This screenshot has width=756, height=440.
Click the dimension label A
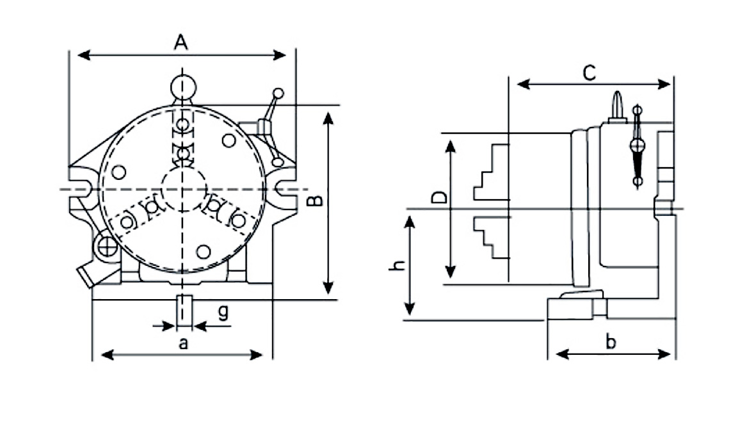click(x=181, y=42)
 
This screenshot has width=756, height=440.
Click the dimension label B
click(x=314, y=202)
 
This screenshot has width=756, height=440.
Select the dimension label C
click(x=589, y=73)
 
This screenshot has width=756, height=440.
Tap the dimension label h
click(x=398, y=265)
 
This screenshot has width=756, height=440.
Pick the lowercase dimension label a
click(x=184, y=343)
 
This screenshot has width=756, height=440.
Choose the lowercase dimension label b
click(x=611, y=342)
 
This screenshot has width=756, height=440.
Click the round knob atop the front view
click(x=183, y=87)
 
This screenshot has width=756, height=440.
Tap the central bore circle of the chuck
click(x=184, y=189)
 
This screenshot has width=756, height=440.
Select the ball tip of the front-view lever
click(x=278, y=93)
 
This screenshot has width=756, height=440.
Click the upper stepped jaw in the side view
click(x=492, y=173)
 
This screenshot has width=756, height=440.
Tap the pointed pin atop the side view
click(x=616, y=104)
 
